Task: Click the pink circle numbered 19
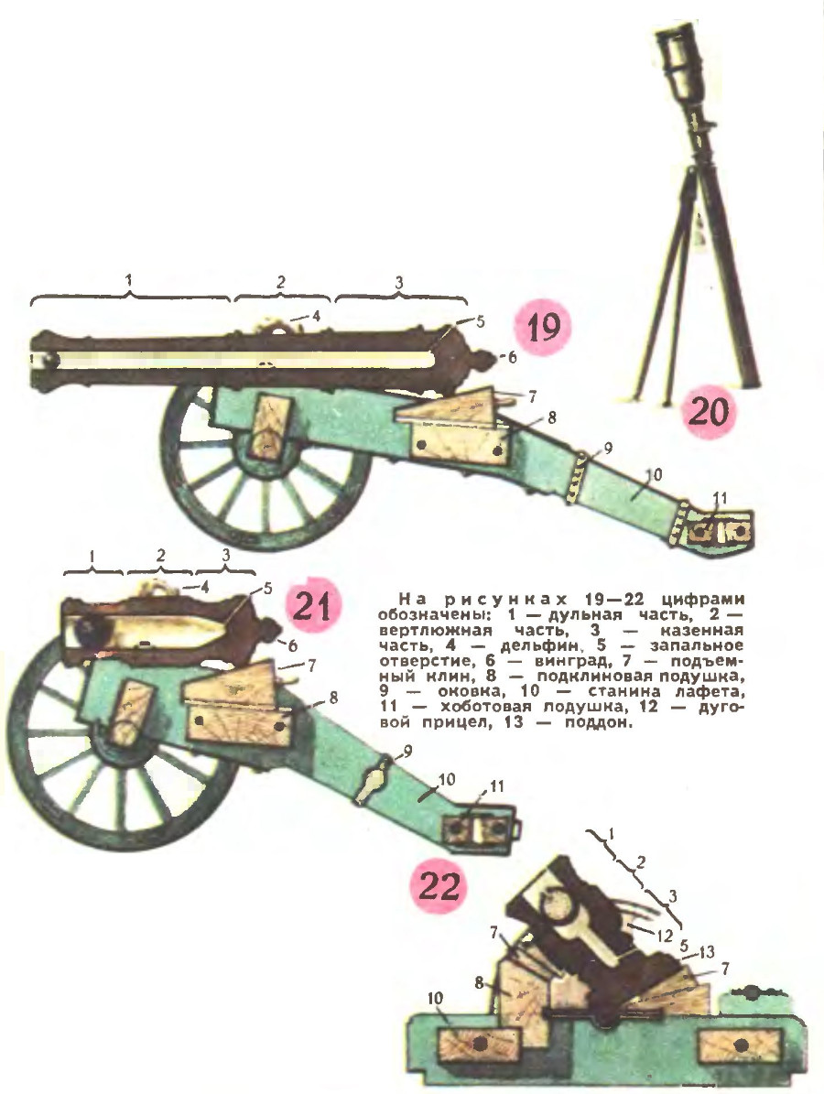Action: [x=544, y=327]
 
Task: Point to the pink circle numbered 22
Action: [x=439, y=886]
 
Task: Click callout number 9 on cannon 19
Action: [x=609, y=449]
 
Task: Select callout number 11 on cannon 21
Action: [x=497, y=786]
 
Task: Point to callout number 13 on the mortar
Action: [x=707, y=951]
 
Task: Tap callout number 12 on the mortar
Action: [x=664, y=936]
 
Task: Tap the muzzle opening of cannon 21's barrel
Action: [x=88, y=629]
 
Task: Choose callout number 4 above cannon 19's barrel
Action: [x=315, y=316]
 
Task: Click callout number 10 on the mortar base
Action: [x=435, y=999]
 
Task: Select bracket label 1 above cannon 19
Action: [x=129, y=280]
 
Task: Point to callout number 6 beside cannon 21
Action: [x=292, y=646]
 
